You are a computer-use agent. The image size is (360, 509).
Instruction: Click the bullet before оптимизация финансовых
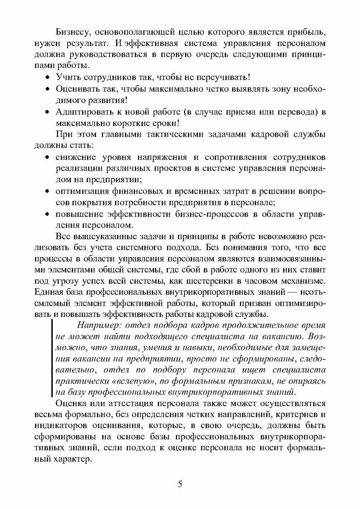pyautogui.click(x=48, y=191)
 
